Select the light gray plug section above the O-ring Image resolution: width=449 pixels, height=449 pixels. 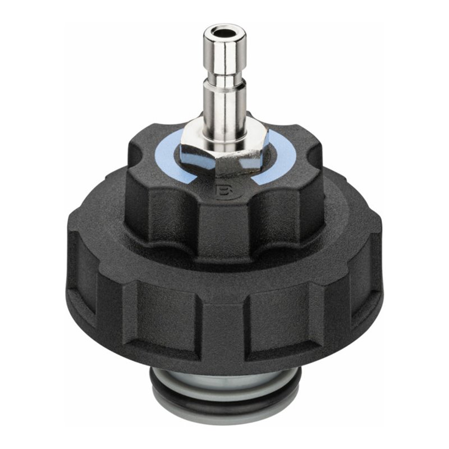click(x=224, y=377)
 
